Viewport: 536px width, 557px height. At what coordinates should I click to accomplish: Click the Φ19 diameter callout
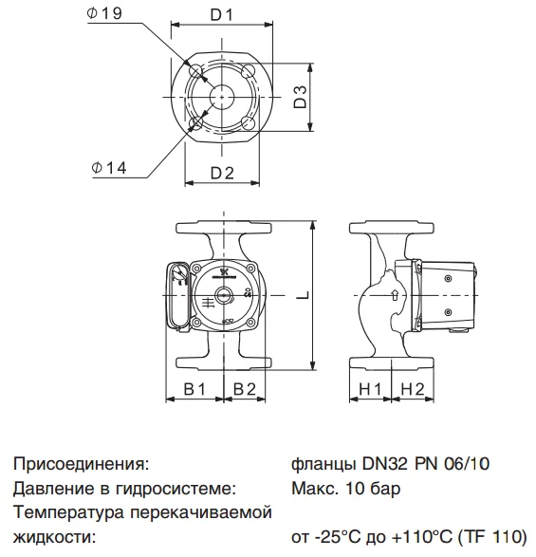tap(104, 13)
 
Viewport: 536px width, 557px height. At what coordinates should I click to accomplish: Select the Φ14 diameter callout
tap(109, 168)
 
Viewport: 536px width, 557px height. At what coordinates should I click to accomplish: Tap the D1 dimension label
tap(222, 15)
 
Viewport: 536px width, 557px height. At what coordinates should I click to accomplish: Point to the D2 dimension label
tap(222, 173)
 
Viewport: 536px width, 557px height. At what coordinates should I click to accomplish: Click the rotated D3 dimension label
tap(301, 96)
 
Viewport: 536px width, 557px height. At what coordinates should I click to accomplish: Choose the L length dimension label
tap(304, 295)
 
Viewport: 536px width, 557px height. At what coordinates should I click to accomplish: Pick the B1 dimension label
tap(194, 389)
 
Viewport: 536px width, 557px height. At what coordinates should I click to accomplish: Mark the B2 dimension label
tap(245, 389)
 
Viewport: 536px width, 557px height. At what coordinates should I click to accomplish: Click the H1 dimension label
tap(371, 389)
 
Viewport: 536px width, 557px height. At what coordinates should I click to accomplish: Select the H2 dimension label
tap(413, 389)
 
